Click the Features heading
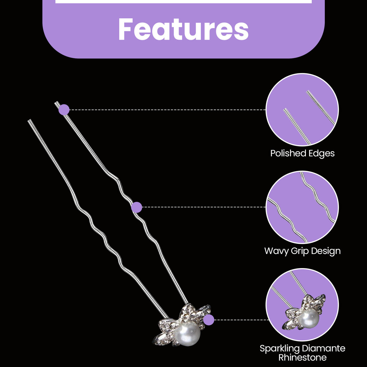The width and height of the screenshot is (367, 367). [x=183, y=29]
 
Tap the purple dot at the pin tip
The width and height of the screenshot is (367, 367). [x=64, y=110]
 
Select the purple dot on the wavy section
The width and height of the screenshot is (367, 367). [x=136, y=207]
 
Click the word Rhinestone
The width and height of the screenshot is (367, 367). [x=302, y=357]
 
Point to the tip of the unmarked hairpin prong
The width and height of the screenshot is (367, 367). [x=29, y=120]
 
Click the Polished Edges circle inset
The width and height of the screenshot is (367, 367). [x=302, y=110]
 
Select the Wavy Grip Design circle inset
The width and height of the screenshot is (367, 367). [x=302, y=207]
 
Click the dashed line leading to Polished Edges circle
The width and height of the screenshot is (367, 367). [x=167, y=110]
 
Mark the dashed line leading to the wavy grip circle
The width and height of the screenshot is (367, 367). [x=204, y=207]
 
